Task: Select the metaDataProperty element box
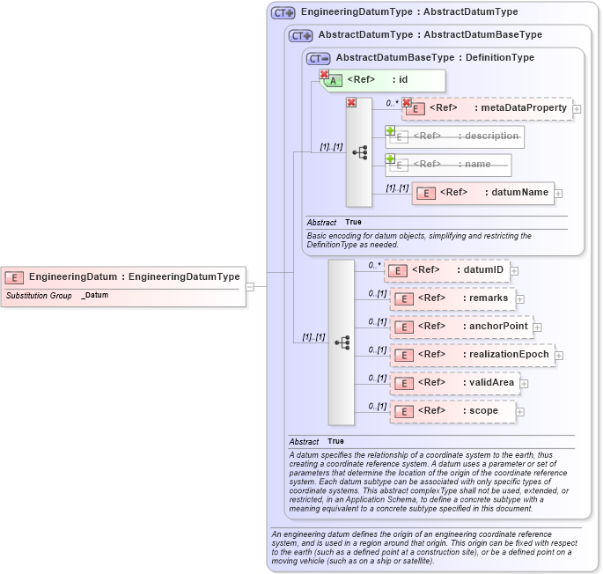488,108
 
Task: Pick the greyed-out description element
455,136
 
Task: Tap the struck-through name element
448,165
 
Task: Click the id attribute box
382,80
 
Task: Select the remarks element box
452,298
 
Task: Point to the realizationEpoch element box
472,355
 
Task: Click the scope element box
452,411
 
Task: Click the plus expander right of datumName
559,194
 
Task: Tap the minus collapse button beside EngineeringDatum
251,286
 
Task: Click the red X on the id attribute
324,75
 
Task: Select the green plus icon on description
390,130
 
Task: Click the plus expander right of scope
520,412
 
